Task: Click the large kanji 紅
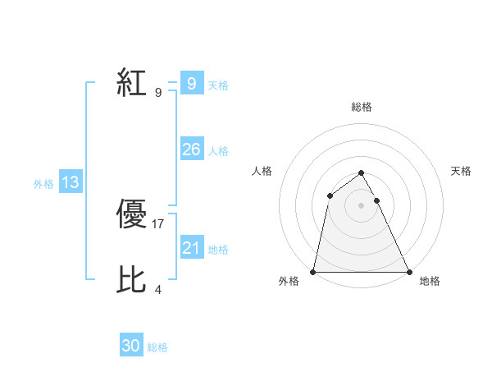[x=132, y=84]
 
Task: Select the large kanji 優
[x=132, y=215]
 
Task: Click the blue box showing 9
[x=191, y=84]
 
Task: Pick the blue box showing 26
[x=191, y=149]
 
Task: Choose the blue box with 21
[x=191, y=248]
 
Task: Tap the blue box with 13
[x=71, y=182]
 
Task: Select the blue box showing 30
[x=131, y=346]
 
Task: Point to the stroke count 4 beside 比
[x=158, y=289]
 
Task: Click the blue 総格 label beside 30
[x=157, y=347]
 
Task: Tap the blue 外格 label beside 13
[x=43, y=184]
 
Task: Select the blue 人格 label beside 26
[x=218, y=151]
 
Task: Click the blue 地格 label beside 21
[x=218, y=250]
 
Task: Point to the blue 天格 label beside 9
[x=218, y=85]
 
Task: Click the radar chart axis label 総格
[x=362, y=107]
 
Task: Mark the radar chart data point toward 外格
[x=314, y=272]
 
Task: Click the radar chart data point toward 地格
[x=408, y=272]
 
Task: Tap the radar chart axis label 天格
[x=462, y=171]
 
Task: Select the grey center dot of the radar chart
[x=361, y=204]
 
